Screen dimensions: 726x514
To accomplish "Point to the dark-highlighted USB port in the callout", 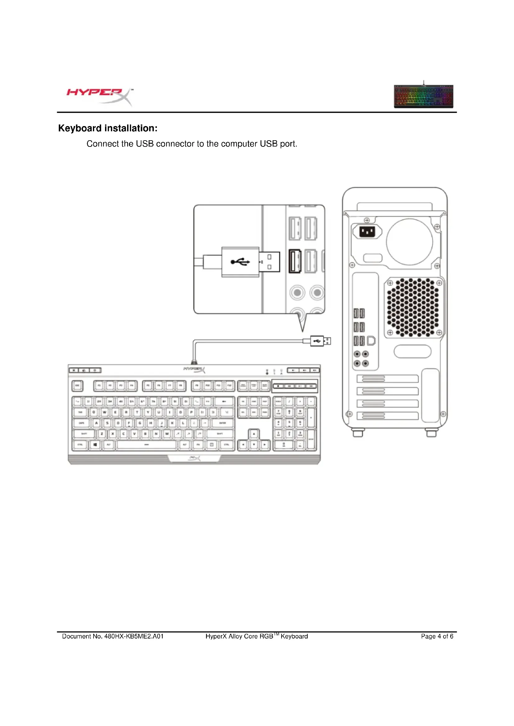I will click(295, 261).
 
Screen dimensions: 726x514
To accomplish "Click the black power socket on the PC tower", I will click(367, 232).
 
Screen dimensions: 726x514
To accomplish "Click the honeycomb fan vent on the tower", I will click(413, 307).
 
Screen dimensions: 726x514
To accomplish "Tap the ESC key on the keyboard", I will click(77, 386).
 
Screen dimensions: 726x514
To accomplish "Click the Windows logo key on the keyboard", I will click(95, 444).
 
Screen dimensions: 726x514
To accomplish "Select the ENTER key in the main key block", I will click(223, 423).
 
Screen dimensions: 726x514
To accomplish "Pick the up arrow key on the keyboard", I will click(254, 434).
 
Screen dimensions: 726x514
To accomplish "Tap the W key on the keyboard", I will click(104, 412).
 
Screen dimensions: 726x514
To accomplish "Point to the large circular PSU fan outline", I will click(409, 242).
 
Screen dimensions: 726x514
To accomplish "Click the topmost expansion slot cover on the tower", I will click(388, 378).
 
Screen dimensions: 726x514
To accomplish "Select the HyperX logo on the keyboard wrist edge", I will click(194, 458).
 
